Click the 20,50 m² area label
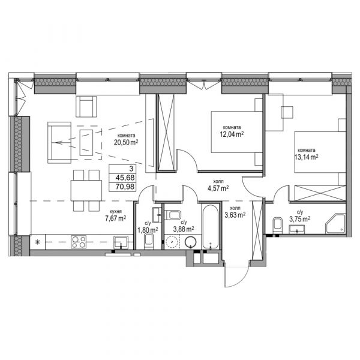pos(126,142)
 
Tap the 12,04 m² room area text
pos(232,134)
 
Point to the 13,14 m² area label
pos(306,157)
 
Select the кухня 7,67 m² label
pos(115,215)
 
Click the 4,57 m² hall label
pos(218,188)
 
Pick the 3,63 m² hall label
pos(235,215)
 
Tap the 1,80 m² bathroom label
pos(148,230)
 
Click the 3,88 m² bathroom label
pos(184,229)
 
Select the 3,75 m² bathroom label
pos(299,219)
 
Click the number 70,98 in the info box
pos(125,187)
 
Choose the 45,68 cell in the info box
pos(125,178)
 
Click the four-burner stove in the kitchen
pos(79,242)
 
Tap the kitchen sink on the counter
pos(121,242)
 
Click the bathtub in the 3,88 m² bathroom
pos(211,226)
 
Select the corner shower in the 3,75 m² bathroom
pos(335,224)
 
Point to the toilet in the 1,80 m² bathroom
pos(149,242)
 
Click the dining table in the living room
pos(86,191)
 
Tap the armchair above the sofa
pos(86,107)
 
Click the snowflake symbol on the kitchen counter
pos(37,242)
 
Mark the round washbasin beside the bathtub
pos(191,242)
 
